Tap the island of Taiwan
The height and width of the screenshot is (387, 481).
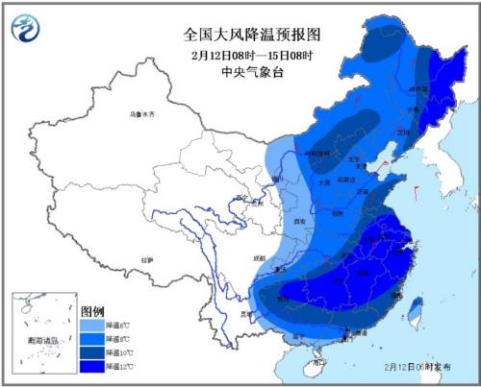416,311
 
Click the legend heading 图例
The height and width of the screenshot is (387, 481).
92,312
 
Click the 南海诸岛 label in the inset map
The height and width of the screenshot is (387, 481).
40,339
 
